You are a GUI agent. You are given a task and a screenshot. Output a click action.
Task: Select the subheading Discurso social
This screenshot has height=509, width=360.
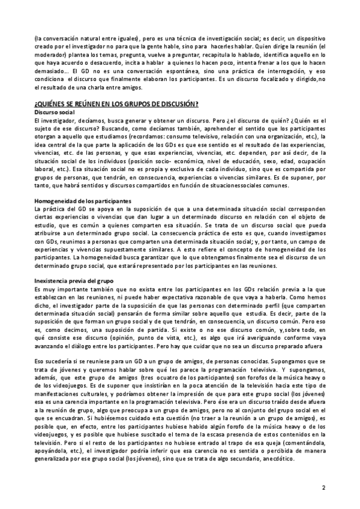tap(55, 113)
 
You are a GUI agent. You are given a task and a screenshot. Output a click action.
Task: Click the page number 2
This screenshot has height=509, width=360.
tap(323, 487)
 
